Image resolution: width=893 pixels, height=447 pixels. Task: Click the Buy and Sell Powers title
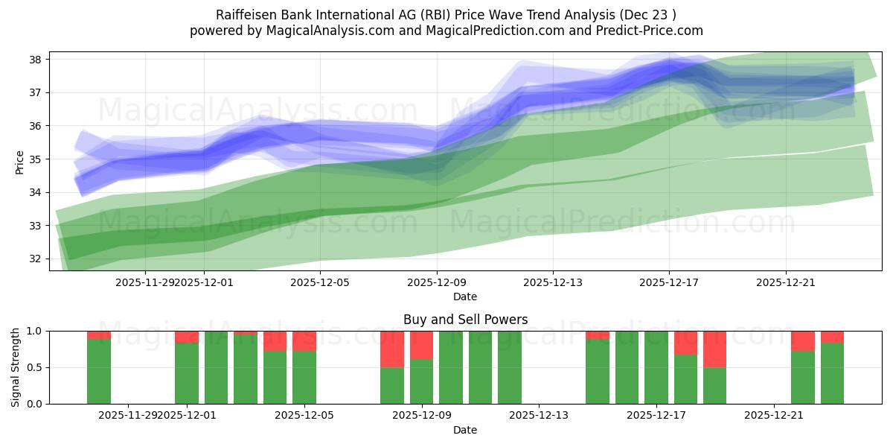click(x=465, y=320)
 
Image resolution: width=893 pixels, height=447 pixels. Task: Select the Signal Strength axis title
click(x=16, y=367)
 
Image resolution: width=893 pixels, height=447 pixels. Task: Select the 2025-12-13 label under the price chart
click(x=552, y=282)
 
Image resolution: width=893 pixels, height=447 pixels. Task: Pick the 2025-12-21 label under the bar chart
click(x=774, y=415)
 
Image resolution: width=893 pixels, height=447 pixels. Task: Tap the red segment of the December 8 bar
click(x=392, y=349)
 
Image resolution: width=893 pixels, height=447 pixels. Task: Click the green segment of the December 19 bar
click(x=714, y=386)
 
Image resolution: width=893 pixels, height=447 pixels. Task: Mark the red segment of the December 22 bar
click(x=803, y=340)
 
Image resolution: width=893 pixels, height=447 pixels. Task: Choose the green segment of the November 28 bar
click(x=99, y=372)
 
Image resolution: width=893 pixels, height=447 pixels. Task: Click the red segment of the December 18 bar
click(x=685, y=343)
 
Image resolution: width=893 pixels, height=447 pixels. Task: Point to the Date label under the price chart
click(x=465, y=297)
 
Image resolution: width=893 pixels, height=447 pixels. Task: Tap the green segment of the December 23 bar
click(x=832, y=373)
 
